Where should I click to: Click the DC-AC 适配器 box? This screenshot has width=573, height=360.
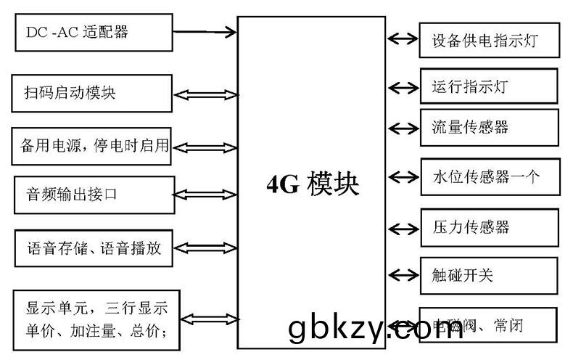[93, 33]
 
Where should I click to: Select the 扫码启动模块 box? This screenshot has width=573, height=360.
[91, 93]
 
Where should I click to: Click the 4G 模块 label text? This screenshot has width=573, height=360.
[312, 184]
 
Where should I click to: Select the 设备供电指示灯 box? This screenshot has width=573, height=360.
[489, 40]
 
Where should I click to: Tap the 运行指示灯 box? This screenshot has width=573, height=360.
[489, 86]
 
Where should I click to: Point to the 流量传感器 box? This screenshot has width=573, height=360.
[489, 128]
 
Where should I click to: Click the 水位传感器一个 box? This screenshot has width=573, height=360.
[489, 176]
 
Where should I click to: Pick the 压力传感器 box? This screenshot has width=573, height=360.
[489, 227]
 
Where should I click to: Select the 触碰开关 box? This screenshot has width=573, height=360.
[489, 275]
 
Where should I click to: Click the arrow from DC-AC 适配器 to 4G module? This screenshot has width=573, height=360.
[206, 31]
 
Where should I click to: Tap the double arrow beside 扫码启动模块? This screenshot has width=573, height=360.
[206, 94]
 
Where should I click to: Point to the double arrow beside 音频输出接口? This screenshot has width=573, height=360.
[206, 195]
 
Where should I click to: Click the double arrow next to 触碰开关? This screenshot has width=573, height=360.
[403, 274]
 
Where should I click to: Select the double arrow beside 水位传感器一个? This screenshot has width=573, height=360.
[403, 176]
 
